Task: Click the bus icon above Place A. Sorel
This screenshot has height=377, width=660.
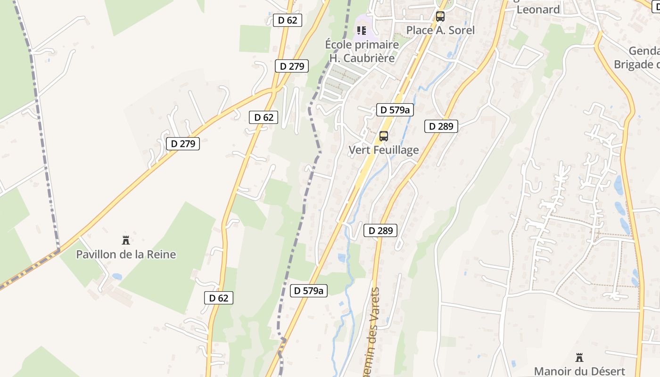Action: (440, 16)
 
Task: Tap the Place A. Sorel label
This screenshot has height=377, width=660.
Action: (440, 30)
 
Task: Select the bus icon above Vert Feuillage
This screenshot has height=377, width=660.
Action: (384, 136)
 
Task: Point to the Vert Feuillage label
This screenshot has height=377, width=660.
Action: (384, 150)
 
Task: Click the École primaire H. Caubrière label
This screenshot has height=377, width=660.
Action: (362, 51)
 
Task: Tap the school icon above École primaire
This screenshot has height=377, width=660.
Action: (362, 31)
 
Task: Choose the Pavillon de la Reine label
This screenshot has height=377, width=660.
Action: (126, 254)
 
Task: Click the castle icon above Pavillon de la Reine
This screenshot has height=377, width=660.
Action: (126, 240)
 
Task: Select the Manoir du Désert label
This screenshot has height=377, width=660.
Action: (579, 371)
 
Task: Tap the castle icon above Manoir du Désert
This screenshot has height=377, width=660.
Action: (579, 358)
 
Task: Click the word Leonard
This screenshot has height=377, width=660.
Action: (538, 9)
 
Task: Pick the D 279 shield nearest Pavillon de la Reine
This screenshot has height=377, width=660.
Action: (183, 143)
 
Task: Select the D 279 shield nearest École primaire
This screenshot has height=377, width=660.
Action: (292, 66)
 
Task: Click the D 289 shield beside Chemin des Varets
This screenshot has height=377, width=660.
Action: (380, 230)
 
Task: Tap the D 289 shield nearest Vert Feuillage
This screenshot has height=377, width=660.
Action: (441, 126)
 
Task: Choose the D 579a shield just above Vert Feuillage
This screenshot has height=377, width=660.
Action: (395, 110)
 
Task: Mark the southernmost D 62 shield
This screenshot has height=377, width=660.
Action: (219, 298)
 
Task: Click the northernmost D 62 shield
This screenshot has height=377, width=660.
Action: (288, 20)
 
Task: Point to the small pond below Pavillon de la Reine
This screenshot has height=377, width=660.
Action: (116, 277)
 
